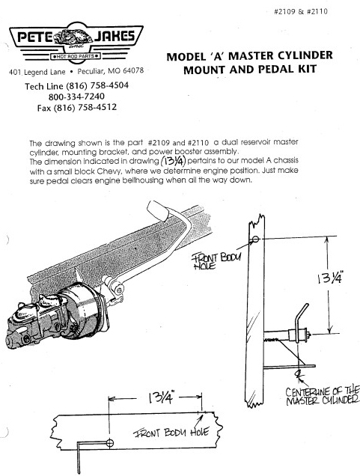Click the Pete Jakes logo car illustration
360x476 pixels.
73,38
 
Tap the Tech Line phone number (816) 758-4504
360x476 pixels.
97,85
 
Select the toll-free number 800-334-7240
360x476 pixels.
76,97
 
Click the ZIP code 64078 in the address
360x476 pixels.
132,71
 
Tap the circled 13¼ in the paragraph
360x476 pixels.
173,160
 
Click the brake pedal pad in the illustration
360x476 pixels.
158,210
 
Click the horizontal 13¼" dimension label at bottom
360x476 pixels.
161,397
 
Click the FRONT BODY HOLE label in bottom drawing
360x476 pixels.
171,433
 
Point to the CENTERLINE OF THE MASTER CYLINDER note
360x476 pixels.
323,396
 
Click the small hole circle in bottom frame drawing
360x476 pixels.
110,443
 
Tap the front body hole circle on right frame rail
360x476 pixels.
255,239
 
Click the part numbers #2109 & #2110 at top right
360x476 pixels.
301,12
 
